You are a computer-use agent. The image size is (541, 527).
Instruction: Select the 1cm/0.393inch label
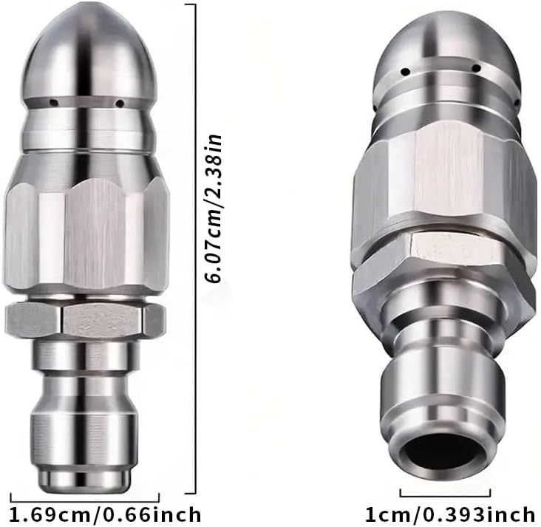click(x=449, y=513)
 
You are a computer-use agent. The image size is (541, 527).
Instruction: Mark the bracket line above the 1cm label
click(x=445, y=492)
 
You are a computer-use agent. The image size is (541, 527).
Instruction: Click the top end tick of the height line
click(x=187, y=4)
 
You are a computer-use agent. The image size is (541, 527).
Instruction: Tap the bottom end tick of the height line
click(x=187, y=492)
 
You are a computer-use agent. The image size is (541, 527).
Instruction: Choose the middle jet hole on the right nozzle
click(x=478, y=69)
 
